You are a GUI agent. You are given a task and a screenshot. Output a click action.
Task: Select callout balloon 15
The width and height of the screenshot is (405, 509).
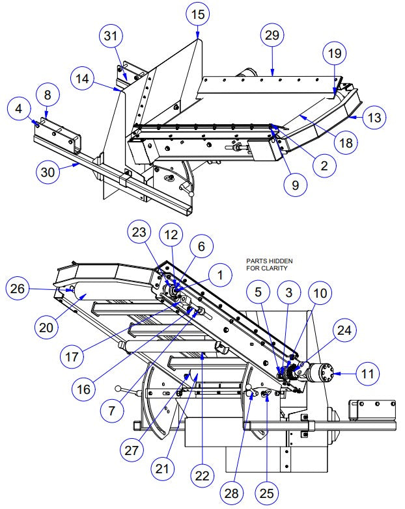pos(198,14)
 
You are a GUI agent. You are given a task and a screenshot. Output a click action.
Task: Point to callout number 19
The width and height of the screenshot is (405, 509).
pos(334,55)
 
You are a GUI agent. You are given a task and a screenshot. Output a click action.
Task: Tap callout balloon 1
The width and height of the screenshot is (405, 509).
pos(220,275)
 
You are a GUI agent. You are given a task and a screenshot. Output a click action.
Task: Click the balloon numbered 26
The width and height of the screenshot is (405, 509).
pos(18,289)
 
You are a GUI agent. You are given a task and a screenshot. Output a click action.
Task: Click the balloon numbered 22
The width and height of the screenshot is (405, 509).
pos(202,476)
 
